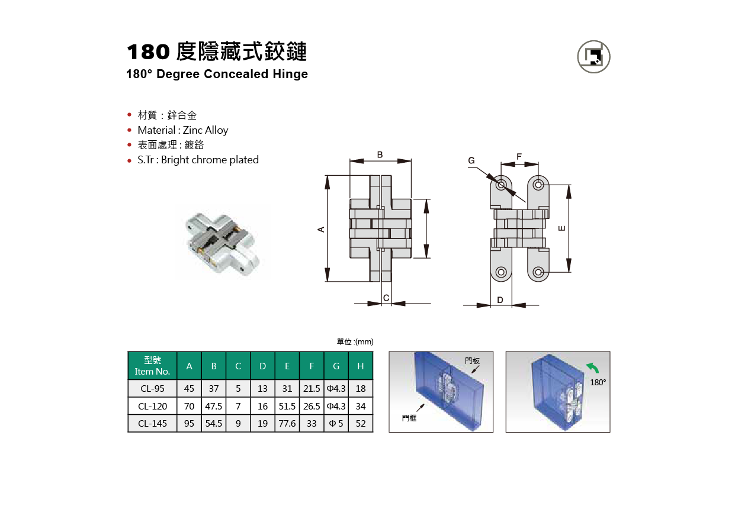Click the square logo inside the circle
point(593,56)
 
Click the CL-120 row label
point(152,406)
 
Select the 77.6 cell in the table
point(287,424)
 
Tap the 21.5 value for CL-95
point(312,389)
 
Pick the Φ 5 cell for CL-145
point(336,424)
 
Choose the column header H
point(360,366)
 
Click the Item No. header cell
point(152,366)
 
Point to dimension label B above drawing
point(380,154)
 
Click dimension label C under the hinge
point(386,298)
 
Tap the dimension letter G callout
point(471,160)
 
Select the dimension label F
point(519,156)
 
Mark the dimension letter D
point(500,299)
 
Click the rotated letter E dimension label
point(561,228)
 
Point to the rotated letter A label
point(321,229)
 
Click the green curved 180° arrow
point(593,368)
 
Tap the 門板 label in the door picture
point(472,360)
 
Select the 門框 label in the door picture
point(409,418)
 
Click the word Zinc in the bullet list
point(192,130)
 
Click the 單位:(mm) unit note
point(355,341)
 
